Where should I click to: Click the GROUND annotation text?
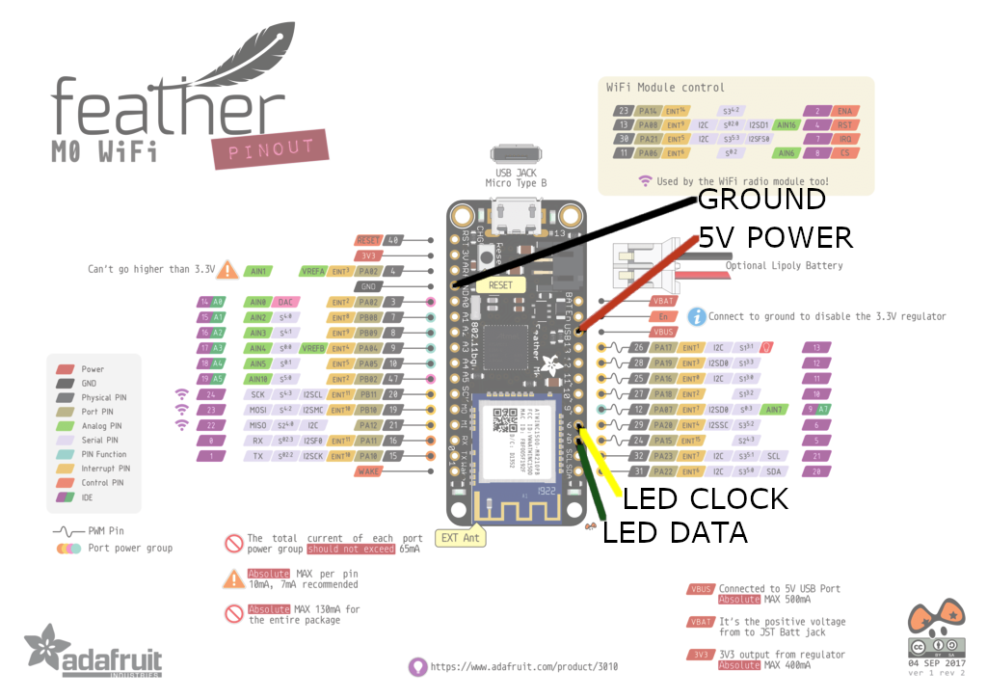pos(761,200)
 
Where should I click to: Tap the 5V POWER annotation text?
pos(776,237)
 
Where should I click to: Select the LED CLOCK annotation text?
pos(706,498)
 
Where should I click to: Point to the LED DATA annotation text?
pos(675,532)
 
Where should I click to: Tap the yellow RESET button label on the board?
pos(500,285)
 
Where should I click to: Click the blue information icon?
pos(697,315)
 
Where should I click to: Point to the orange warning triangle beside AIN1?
pos(228,270)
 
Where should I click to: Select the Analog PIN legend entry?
pos(102,425)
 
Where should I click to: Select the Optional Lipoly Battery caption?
pos(784,265)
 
